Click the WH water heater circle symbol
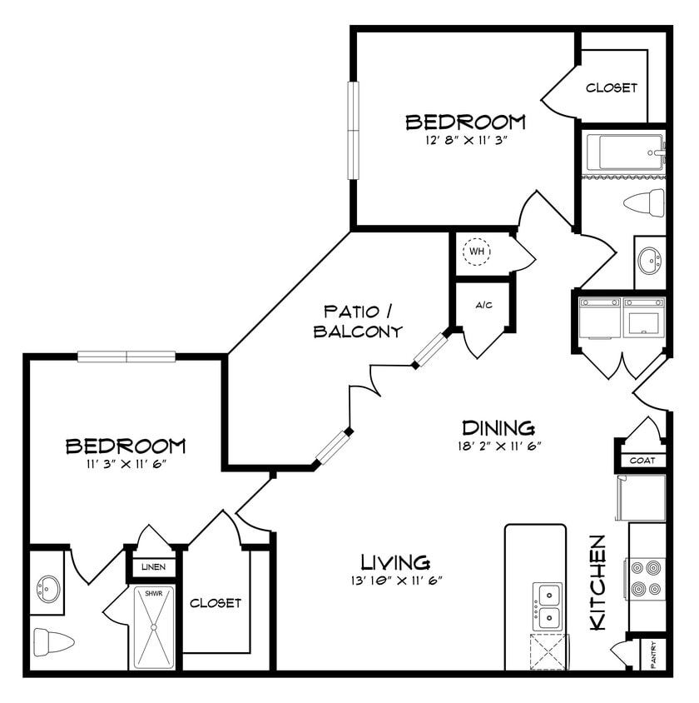477,251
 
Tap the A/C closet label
483,305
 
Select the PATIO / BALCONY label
358,322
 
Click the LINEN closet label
153,567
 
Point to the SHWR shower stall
154,626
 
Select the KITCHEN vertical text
597,582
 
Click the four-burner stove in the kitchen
647,578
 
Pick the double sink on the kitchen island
548,606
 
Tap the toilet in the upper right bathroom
645,202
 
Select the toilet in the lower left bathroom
53,641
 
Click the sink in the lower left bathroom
47,590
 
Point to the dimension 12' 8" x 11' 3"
466,140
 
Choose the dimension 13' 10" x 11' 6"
396,580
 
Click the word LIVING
395,561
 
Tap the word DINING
498,427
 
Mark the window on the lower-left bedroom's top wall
126,356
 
